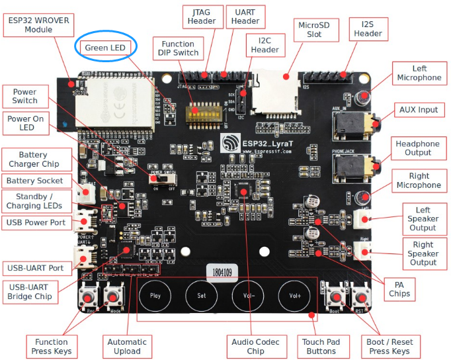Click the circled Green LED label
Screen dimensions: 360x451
pos(104,48)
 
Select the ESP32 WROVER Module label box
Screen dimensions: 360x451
pos(38,25)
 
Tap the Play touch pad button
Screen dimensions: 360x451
pos(155,296)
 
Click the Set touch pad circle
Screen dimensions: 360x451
pos(202,296)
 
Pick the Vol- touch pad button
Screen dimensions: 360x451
pos(248,296)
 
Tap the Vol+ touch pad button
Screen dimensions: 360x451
pos(294,296)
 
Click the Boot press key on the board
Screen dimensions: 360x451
pos(334,296)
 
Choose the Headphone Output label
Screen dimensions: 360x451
pos(417,148)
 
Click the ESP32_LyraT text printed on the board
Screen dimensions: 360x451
pos(269,142)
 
